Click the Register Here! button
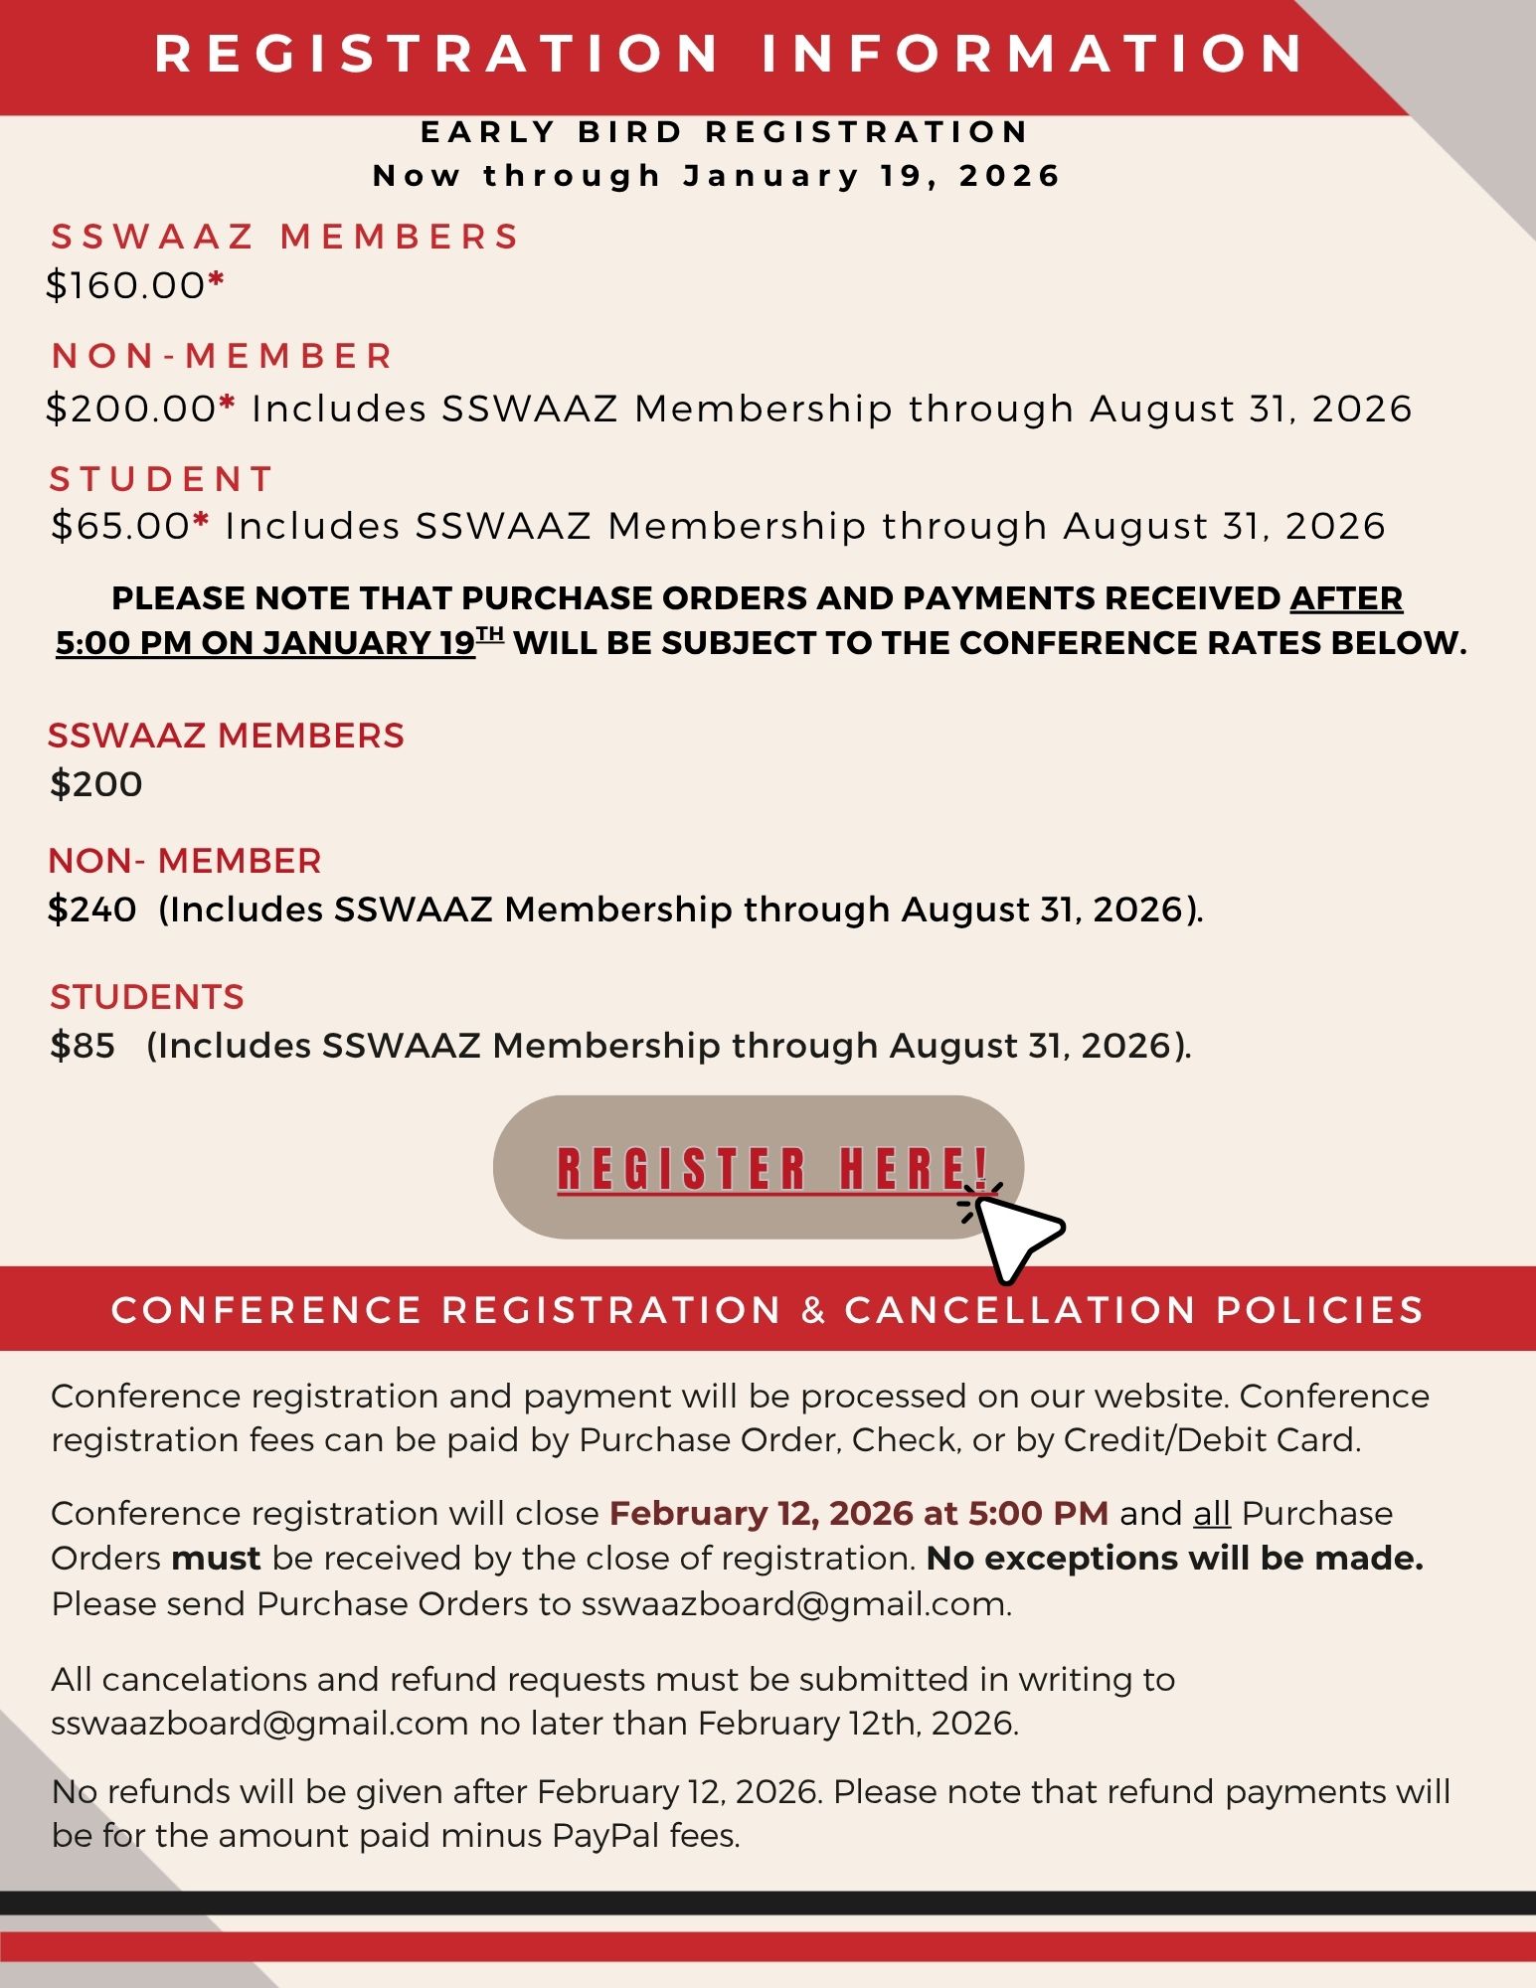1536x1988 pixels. click(758, 1167)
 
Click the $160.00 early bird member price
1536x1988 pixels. click(126, 286)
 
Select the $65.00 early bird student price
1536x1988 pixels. click(120, 526)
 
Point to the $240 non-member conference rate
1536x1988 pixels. click(92, 910)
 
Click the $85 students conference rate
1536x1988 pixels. click(83, 1046)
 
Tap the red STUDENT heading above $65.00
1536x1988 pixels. click(161, 479)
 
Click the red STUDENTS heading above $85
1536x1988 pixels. click(147, 997)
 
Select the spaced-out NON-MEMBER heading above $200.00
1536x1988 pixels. click(223, 356)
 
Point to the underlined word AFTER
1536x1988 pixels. click(1346, 598)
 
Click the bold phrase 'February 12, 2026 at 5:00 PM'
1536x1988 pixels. click(859, 1513)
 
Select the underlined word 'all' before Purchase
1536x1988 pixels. click(1212, 1513)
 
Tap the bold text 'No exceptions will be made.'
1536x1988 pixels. click(1174, 1558)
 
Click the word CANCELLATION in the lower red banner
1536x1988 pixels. click(1020, 1310)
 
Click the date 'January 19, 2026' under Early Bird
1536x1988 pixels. click(872, 176)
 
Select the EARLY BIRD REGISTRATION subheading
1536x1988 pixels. click(725, 132)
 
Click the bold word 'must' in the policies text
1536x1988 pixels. click(216, 1558)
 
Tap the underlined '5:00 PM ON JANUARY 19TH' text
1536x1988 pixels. click(278, 643)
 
